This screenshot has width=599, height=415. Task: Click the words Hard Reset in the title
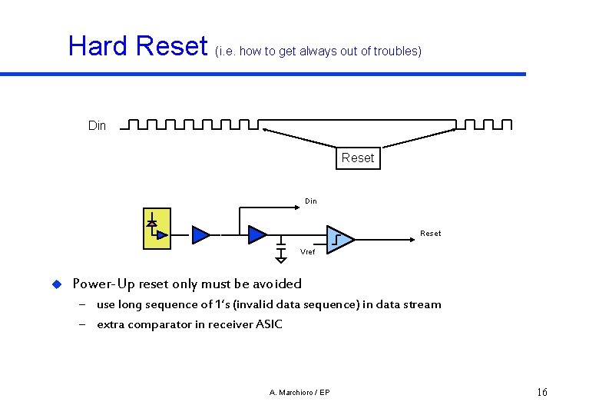138,46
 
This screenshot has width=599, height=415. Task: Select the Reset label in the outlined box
358,158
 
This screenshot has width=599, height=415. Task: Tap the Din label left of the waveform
97,126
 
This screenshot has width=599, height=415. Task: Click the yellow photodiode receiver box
157,228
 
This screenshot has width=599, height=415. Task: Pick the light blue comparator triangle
339,239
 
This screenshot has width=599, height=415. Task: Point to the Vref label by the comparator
307,252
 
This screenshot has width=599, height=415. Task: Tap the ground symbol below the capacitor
281,259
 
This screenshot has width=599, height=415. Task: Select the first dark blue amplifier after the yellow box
200,234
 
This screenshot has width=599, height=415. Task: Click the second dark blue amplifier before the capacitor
257,234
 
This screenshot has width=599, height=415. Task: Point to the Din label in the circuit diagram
310,201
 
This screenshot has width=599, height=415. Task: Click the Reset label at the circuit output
430,234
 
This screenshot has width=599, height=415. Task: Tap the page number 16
542,393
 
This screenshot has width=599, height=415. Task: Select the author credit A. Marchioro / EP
299,393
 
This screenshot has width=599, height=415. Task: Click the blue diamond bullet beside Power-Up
55,284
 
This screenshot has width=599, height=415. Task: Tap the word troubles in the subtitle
395,51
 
